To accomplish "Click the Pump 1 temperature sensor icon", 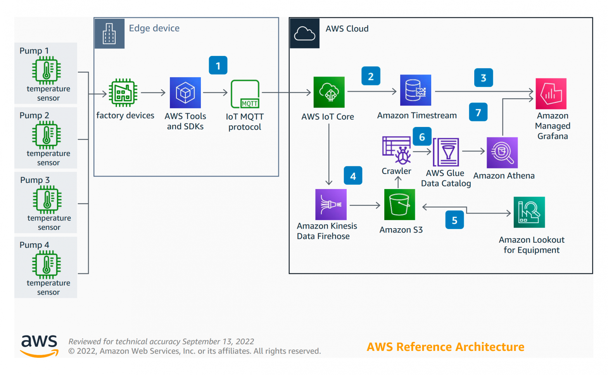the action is pyautogui.click(x=47, y=70).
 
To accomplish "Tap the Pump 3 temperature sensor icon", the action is pyautogui.click(x=47, y=200).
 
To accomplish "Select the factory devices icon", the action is pyautogui.click(x=123, y=93).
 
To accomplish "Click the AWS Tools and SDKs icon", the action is pyautogui.click(x=185, y=93).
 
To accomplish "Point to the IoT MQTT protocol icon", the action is pyautogui.click(x=245, y=94).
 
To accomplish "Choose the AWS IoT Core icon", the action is pyautogui.click(x=329, y=92).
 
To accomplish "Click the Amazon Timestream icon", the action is pyautogui.click(x=416, y=90).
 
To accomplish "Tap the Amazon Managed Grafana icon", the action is pyautogui.click(x=551, y=94).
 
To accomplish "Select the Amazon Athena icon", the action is pyautogui.click(x=502, y=153).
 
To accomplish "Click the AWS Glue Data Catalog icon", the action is pyautogui.click(x=446, y=152).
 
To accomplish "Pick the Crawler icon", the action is pyautogui.click(x=397, y=150).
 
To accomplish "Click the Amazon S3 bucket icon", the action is pyautogui.click(x=399, y=205).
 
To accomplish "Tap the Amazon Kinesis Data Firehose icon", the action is pyautogui.click(x=331, y=205).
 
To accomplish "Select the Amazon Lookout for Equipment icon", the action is pyautogui.click(x=529, y=212).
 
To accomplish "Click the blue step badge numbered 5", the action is pyautogui.click(x=454, y=220).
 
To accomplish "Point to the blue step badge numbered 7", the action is pyautogui.click(x=478, y=112).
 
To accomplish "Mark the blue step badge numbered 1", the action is pyautogui.click(x=218, y=65).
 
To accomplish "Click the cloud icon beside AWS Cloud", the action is pyautogui.click(x=304, y=33).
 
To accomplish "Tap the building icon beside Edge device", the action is pyautogui.click(x=109, y=33).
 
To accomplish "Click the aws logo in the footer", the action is pyautogui.click(x=40, y=346).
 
